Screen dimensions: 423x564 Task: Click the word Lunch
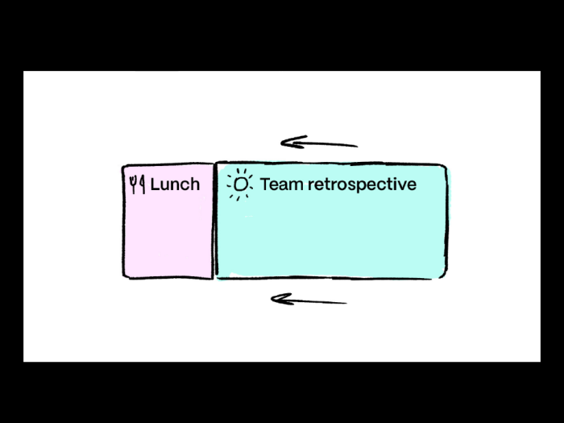point(175,185)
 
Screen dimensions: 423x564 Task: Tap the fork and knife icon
point(137,185)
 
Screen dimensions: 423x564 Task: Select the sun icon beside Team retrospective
point(239,185)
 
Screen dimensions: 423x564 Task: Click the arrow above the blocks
point(319,143)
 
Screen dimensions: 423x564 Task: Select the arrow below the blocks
point(309,301)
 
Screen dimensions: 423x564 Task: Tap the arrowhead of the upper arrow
point(286,143)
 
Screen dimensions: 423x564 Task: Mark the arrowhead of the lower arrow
point(276,300)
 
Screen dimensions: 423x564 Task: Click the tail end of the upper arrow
point(355,146)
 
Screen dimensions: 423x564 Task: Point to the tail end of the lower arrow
point(345,303)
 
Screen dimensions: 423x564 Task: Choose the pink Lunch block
point(168,234)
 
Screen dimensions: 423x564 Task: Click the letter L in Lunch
point(155,185)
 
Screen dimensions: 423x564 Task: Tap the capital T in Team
point(266,185)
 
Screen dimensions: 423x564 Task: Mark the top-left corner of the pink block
point(124,167)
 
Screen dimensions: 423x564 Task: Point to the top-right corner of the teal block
point(445,164)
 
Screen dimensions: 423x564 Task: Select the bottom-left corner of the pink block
point(125,277)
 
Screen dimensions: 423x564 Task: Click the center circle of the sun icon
point(239,185)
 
